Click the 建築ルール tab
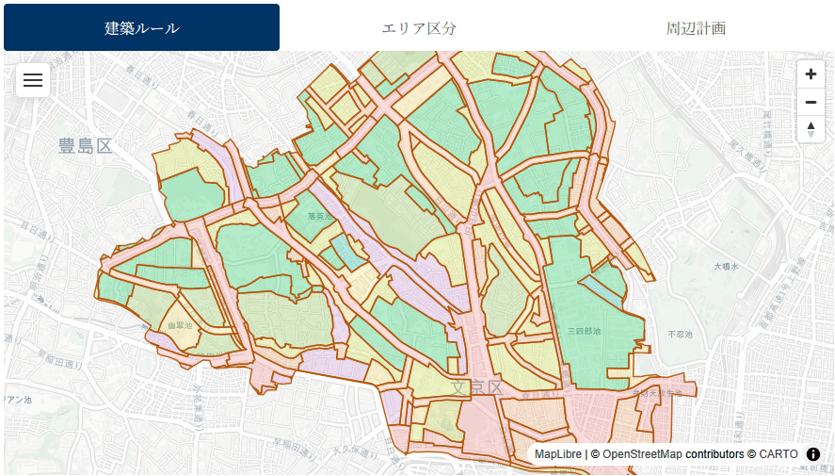point(141,27)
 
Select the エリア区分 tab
point(419,27)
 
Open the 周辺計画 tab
point(696,27)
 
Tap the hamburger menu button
point(33,80)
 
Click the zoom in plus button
point(811,74)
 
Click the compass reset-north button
point(811,128)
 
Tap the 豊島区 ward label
point(85,146)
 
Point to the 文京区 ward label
point(477,387)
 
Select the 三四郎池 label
point(584,331)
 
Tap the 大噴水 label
point(726,267)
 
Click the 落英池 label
point(321,216)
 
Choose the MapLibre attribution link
point(558,454)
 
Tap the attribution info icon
point(813,454)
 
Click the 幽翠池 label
point(179,325)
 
